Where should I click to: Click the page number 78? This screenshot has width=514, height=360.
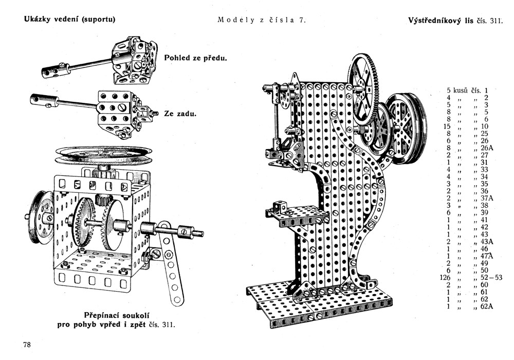[27, 345]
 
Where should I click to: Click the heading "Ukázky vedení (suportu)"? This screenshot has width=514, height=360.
[69, 20]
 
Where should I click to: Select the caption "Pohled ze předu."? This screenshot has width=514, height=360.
[195, 58]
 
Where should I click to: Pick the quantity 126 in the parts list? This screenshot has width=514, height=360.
[445, 278]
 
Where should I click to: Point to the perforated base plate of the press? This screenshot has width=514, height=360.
[319, 303]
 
